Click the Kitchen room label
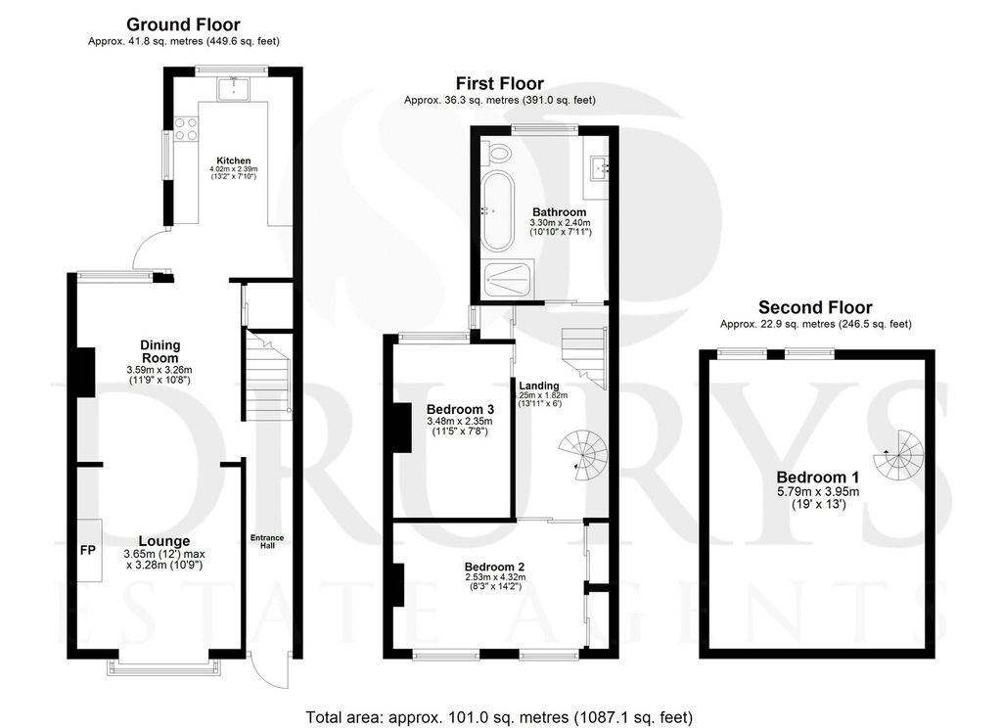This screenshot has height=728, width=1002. pyautogui.click(x=233, y=160)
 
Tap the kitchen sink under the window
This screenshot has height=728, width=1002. pyautogui.click(x=235, y=89)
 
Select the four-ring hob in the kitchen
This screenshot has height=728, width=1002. pyautogui.click(x=186, y=128)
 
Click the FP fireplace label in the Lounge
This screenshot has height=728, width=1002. pyautogui.click(x=88, y=550)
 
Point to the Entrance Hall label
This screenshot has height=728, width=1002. pyautogui.click(x=267, y=542)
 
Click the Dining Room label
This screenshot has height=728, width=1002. pyautogui.click(x=159, y=351)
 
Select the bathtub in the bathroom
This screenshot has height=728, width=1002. pyautogui.click(x=497, y=211)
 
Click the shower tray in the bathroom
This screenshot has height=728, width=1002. pyautogui.click(x=508, y=278)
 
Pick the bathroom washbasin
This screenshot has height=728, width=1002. pyautogui.click(x=600, y=168)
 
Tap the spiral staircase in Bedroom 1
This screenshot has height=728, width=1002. pyautogui.click(x=899, y=456)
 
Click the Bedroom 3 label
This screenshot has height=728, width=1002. pyautogui.click(x=460, y=409)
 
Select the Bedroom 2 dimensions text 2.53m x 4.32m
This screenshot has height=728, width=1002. pyautogui.click(x=494, y=577)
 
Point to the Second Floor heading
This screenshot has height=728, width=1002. pyautogui.click(x=815, y=307)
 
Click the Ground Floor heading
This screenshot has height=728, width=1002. pyautogui.click(x=183, y=24)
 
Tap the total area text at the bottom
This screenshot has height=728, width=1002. pyautogui.click(x=499, y=717)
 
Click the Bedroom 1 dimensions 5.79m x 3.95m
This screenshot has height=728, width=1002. pyautogui.click(x=818, y=491)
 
